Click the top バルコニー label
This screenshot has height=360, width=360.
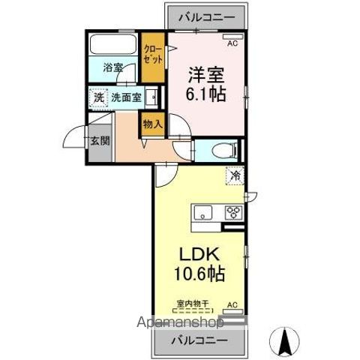pos(202,16)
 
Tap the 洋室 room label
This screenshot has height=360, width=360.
pos(206,76)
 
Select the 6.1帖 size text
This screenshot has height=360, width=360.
pos(206,94)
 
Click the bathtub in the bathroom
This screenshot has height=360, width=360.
pos(113,45)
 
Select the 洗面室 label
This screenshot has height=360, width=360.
pos(125,97)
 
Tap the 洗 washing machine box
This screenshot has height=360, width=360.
pos(98,97)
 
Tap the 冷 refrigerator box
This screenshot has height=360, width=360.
pos(235,176)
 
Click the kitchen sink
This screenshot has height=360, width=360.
pos(204,214)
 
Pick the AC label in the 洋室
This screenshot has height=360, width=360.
pos(232,43)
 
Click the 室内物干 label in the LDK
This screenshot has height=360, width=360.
pos(192,303)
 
